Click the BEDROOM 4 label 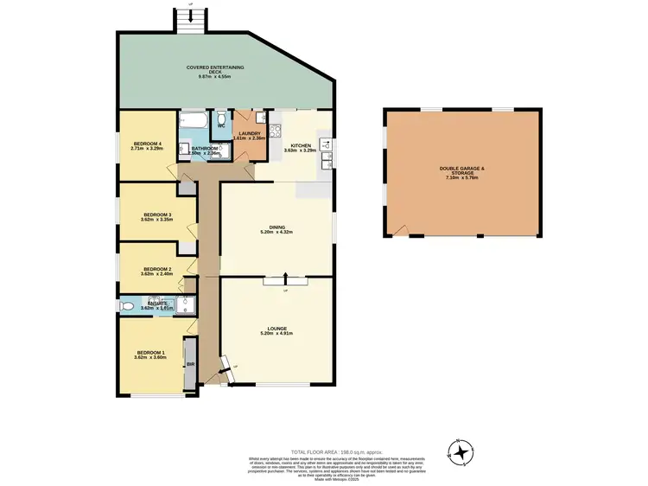[x=148, y=144]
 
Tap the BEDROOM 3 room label [x=158, y=214]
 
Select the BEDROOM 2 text [x=158, y=269]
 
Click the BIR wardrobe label [x=190, y=365]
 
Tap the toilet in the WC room [x=221, y=118]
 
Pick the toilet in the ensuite [x=128, y=305]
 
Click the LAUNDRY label [x=250, y=133]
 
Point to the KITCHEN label [x=301, y=145]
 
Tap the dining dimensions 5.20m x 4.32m [x=277, y=233]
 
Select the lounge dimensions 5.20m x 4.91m [x=277, y=334]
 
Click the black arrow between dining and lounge [x=286, y=278]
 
